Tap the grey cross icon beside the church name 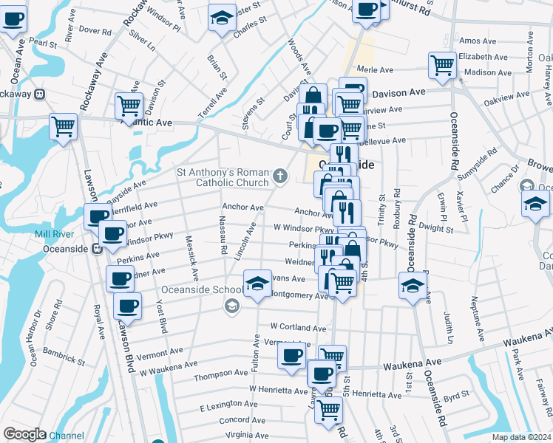point(279,176)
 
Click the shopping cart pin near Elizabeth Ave point(442,65)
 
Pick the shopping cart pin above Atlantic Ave point(129,106)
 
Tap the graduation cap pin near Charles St point(220,18)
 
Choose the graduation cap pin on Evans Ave point(257,284)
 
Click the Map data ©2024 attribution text point(521,437)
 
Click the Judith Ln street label point(448,327)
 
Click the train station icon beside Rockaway point(39,94)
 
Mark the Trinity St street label point(381,208)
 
